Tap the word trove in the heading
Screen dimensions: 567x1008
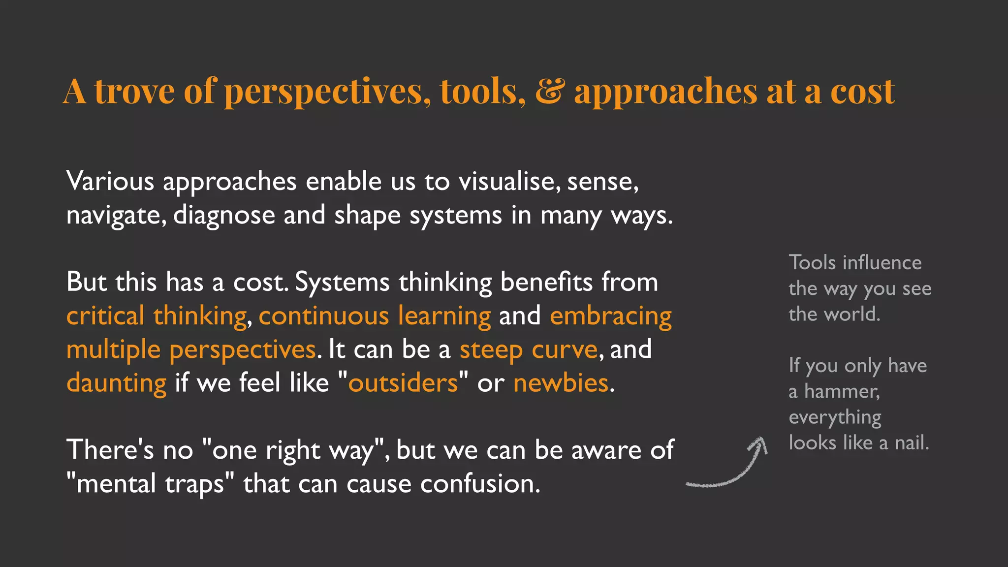point(134,92)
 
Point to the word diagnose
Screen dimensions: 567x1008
point(224,216)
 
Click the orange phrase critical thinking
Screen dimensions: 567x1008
point(157,316)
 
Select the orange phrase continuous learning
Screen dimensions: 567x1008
point(375,316)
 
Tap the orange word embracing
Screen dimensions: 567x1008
point(611,316)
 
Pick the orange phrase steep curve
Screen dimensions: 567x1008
point(528,349)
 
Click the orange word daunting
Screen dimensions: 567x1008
point(117,383)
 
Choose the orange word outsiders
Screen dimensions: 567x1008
point(403,383)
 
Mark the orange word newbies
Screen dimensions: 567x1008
point(561,383)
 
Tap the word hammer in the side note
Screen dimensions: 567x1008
point(842,392)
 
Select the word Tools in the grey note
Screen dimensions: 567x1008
point(812,263)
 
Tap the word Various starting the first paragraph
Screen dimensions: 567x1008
point(110,182)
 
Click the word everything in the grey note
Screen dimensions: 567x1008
point(835,417)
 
